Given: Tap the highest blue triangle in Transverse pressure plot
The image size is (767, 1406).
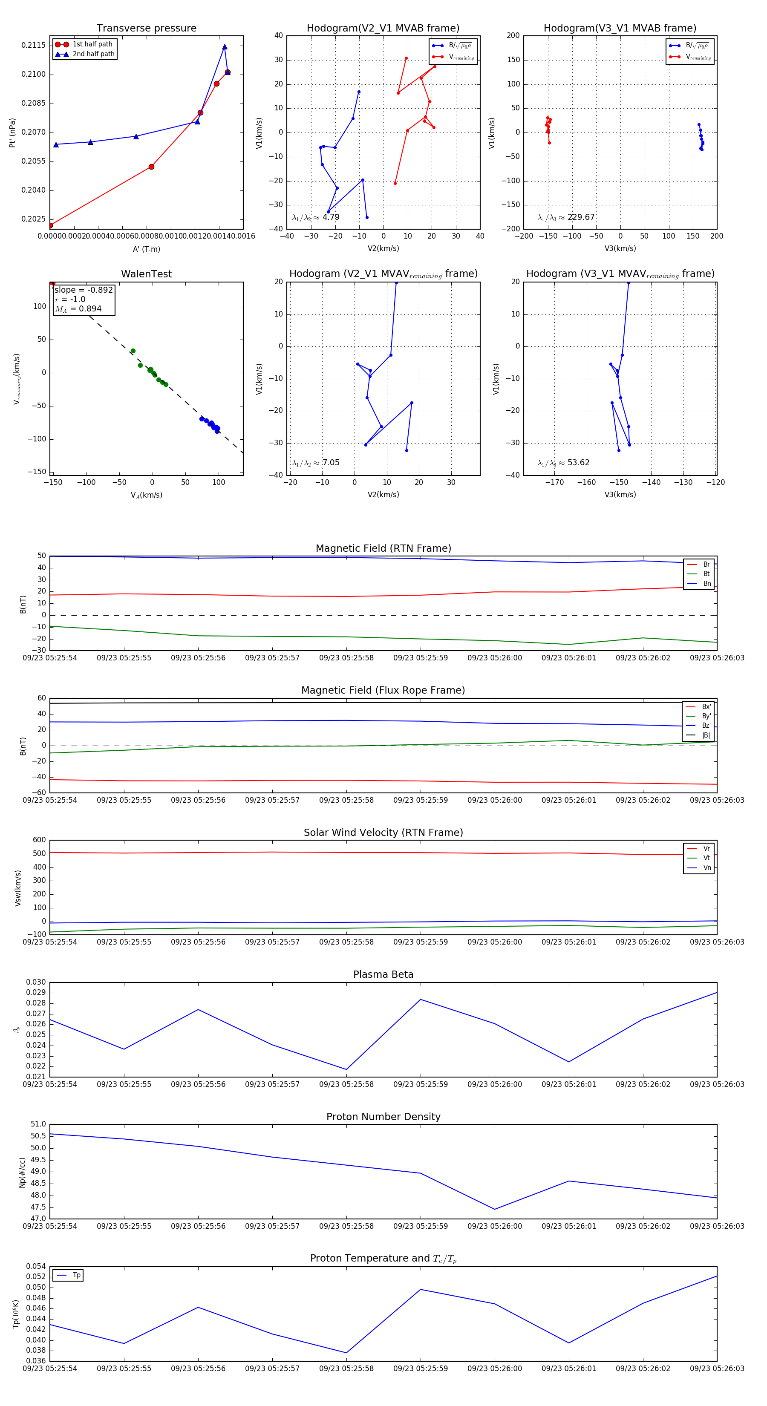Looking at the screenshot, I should tap(225, 47).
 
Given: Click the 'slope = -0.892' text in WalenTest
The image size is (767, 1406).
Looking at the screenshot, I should tap(84, 290).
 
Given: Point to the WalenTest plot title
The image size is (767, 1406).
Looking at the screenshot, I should tap(146, 274).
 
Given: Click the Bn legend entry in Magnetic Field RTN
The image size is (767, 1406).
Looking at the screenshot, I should tap(706, 583).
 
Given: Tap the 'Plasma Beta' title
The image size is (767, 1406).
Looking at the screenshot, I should tap(383, 974).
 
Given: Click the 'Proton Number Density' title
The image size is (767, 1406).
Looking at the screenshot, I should tap(383, 1117).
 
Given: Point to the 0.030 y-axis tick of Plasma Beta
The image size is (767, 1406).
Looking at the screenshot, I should tap(36, 982).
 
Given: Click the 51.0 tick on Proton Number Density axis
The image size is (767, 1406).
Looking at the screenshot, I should tap(38, 1124).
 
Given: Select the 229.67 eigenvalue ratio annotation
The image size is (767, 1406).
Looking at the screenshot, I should tap(580, 217).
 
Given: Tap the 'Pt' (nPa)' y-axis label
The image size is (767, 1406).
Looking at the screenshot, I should tap(12, 133).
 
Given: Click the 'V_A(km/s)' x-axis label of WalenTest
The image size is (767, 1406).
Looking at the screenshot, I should tap(146, 495).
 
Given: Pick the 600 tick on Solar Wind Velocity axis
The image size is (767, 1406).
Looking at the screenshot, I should tap(39, 840).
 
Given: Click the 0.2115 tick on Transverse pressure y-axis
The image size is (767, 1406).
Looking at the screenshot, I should tap(33, 45).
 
